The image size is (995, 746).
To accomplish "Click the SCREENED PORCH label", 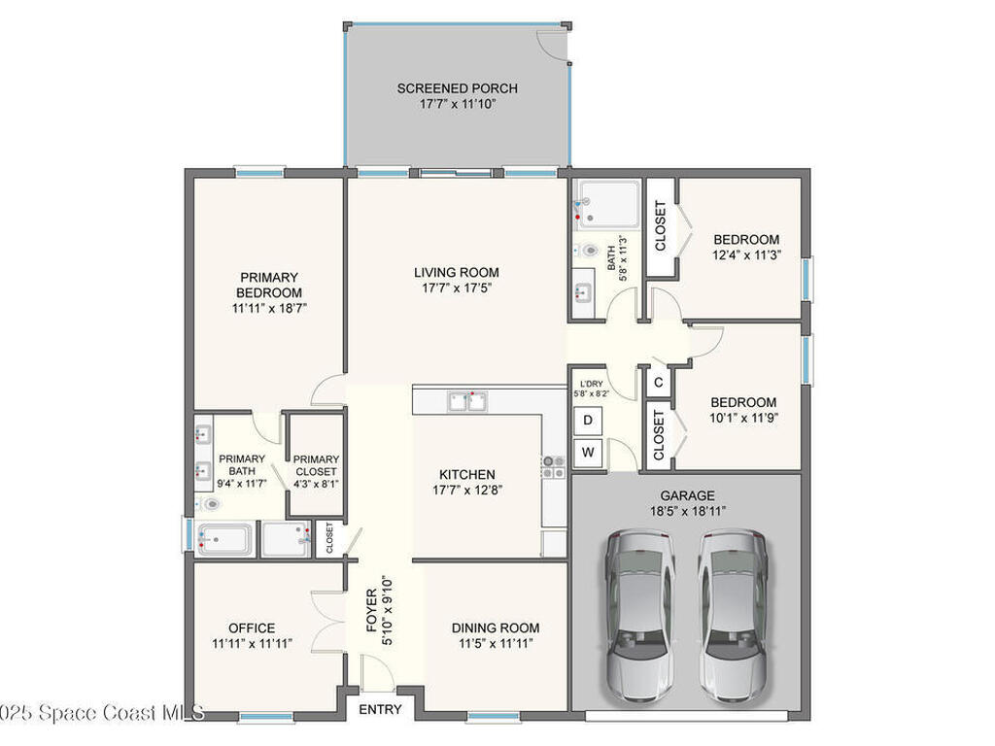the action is pyautogui.click(x=457, y=88).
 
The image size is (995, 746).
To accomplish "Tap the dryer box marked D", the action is pyautogui.click(x=588, y=420).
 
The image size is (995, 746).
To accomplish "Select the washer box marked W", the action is pyautogui.click(x=588, y=453).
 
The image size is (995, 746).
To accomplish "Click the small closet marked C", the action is pyautogui.click(x=658, y=382).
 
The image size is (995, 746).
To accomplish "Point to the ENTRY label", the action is pyautogui.click(x=380, y=709).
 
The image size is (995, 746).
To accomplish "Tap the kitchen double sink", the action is pyautogui.click(x=467, y=401).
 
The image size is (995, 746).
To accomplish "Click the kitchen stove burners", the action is pyautogui.click(x=553, y=467).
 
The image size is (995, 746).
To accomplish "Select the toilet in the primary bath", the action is pyautogui.click(x=210, y=504).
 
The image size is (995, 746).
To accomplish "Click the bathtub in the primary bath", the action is pyautogui.click(x=224, y=540).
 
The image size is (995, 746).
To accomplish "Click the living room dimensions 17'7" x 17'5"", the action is pyautogui.click(x=457, y=288).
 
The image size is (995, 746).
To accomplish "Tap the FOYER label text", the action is pyautogui.click(x=372, y=611).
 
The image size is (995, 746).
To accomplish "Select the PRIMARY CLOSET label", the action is pyautogui.click(x=316, y=465).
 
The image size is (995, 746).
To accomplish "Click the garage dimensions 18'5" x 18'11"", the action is pyautogui.click(x=688, y=511).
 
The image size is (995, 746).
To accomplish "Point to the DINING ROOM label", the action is pyautogui.click(x=496, y=628).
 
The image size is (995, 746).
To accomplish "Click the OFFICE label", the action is pyautogui.click(x=252, y=628).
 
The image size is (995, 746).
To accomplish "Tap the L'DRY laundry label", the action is pyautogui.click(x=592, y=384).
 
